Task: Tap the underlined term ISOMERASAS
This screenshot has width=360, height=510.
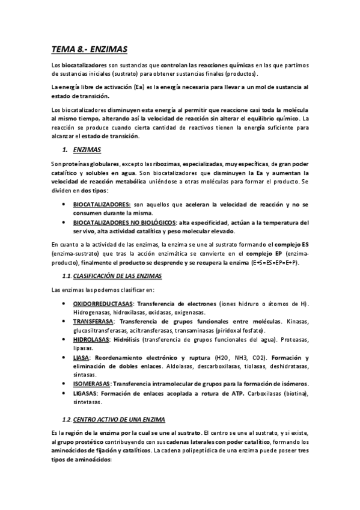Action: click(x=91, y=383)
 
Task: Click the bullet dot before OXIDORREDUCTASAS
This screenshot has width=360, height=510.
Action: click(x=64, y=304)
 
